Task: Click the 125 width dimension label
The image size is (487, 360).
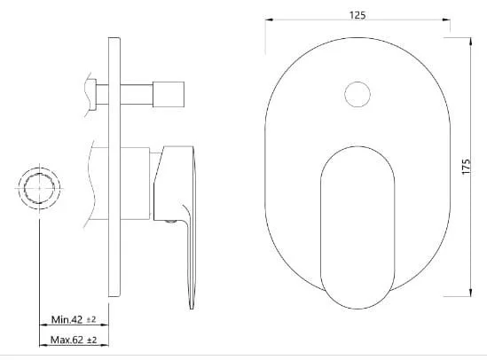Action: point(357,15)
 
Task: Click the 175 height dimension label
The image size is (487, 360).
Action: point(467,167)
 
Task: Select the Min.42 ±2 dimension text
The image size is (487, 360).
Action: point(74,319)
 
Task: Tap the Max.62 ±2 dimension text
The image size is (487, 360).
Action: point(74,340)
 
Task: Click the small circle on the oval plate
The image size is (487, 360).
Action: point(357,94)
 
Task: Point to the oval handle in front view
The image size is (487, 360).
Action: point(357,228)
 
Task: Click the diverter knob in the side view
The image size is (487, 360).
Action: point(169,94)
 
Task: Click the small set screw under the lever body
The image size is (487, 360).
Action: point(170,222)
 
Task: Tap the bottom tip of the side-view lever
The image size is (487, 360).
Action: point(192,309)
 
